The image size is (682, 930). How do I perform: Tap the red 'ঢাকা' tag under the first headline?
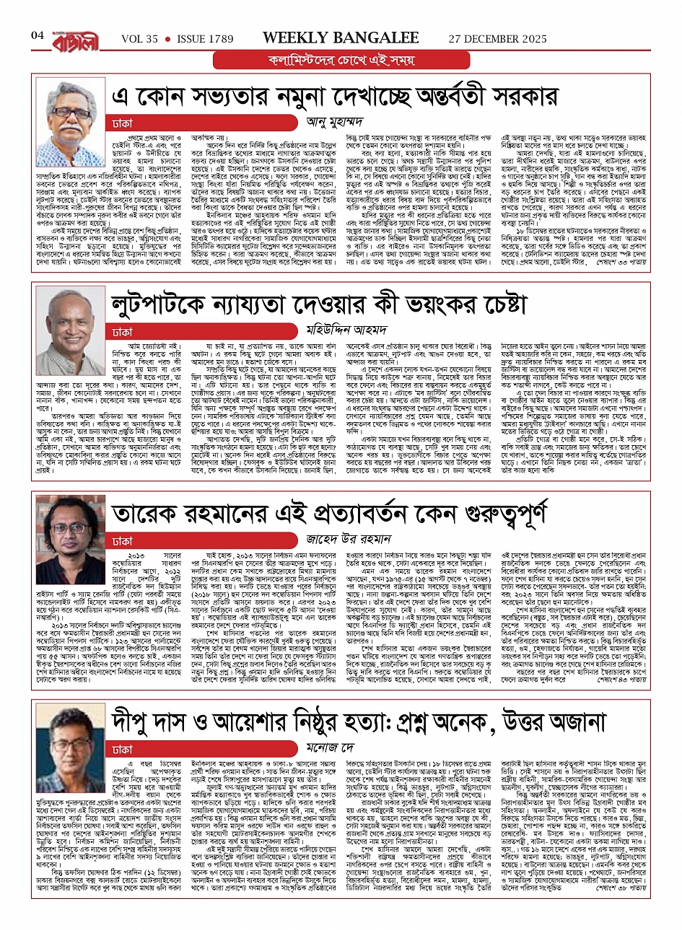(x=123, y=124)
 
